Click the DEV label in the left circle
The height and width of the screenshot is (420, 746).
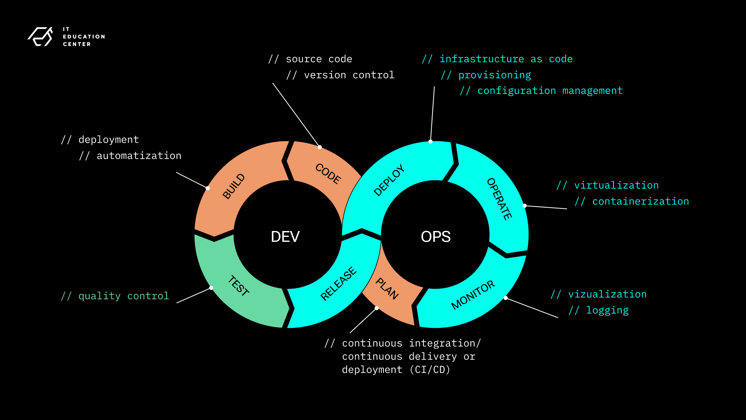285,236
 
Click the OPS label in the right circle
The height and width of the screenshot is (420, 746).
436,236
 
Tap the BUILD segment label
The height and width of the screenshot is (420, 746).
234,186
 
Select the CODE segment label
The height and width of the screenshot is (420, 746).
328,173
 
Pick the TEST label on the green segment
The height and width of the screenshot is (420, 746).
239,286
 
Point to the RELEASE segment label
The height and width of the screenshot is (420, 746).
338,284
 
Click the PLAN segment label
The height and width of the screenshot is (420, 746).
387,289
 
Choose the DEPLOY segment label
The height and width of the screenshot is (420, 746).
389,180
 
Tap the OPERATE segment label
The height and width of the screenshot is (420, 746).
499,199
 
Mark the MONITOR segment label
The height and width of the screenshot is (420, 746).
473,295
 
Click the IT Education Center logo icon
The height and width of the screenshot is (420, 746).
40,37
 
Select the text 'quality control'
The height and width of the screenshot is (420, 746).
124,296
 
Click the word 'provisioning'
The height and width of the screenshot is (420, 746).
495,75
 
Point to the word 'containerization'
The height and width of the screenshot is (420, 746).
640,201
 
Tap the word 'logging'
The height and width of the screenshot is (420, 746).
607,310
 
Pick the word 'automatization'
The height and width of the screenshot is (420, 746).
139,156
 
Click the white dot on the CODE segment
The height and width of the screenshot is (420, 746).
319,147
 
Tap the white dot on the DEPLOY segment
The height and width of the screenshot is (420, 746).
431,142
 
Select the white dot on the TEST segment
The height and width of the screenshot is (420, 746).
211,288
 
